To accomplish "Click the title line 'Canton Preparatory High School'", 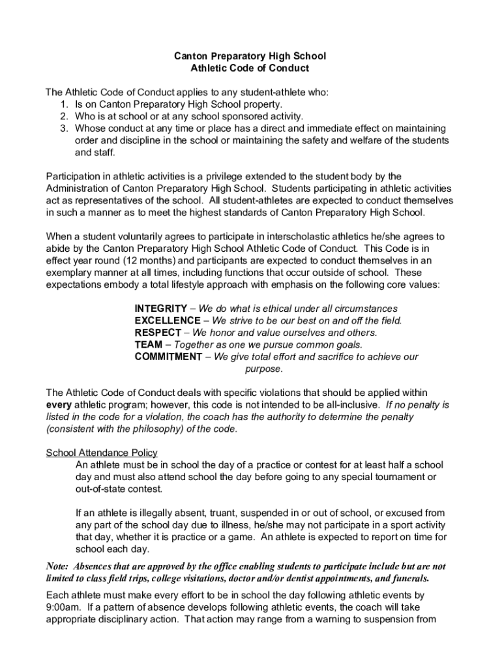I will point(251,56).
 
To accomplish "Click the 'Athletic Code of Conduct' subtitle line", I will point(250,68).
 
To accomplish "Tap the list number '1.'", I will point(65,104).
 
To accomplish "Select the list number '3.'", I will point(65,129).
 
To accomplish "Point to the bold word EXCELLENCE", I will point(168,320).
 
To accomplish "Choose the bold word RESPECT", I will point(158,333).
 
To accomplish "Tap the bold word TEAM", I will point(147,344).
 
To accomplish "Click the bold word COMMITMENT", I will point(168,357).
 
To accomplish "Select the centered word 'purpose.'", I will point(263,369).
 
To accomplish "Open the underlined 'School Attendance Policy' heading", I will point(102,453).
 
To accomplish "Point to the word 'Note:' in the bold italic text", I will point(58,566).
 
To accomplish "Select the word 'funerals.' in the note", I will point(409,579).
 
